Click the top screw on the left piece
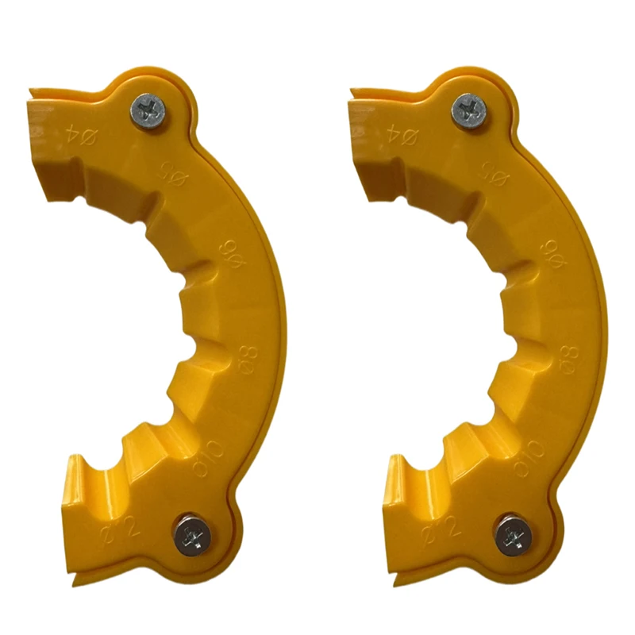[x=149, y=109]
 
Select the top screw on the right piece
[x=470, y=109]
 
